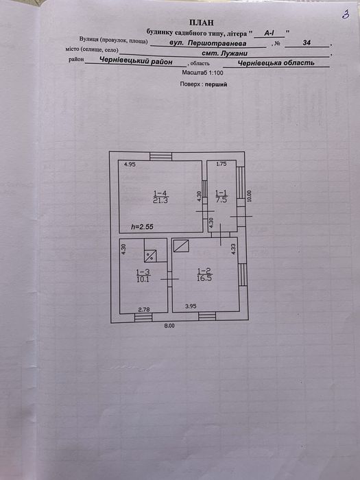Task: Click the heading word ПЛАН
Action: (202, 23)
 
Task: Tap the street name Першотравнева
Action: (217, 43)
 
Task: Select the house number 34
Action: (307, 43)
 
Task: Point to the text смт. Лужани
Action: (225, 53)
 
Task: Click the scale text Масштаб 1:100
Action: (203, 73)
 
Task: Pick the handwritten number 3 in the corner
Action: (346, 15)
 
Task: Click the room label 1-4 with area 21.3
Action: (160, 197)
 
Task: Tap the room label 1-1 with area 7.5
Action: (221, 196)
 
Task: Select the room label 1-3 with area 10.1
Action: (143, 276)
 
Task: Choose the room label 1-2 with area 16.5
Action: (204, 274)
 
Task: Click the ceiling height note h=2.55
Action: (142, 227)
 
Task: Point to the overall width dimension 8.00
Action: (169, 326)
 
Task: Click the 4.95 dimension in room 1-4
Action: (130, 165)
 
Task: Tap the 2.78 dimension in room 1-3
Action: (144, 309)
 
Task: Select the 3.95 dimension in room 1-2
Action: (191, 306)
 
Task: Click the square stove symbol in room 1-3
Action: (150, 256)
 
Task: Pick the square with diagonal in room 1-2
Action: (181, 245)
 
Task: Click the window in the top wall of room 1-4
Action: (160, 156)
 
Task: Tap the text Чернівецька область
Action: (276, 63)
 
